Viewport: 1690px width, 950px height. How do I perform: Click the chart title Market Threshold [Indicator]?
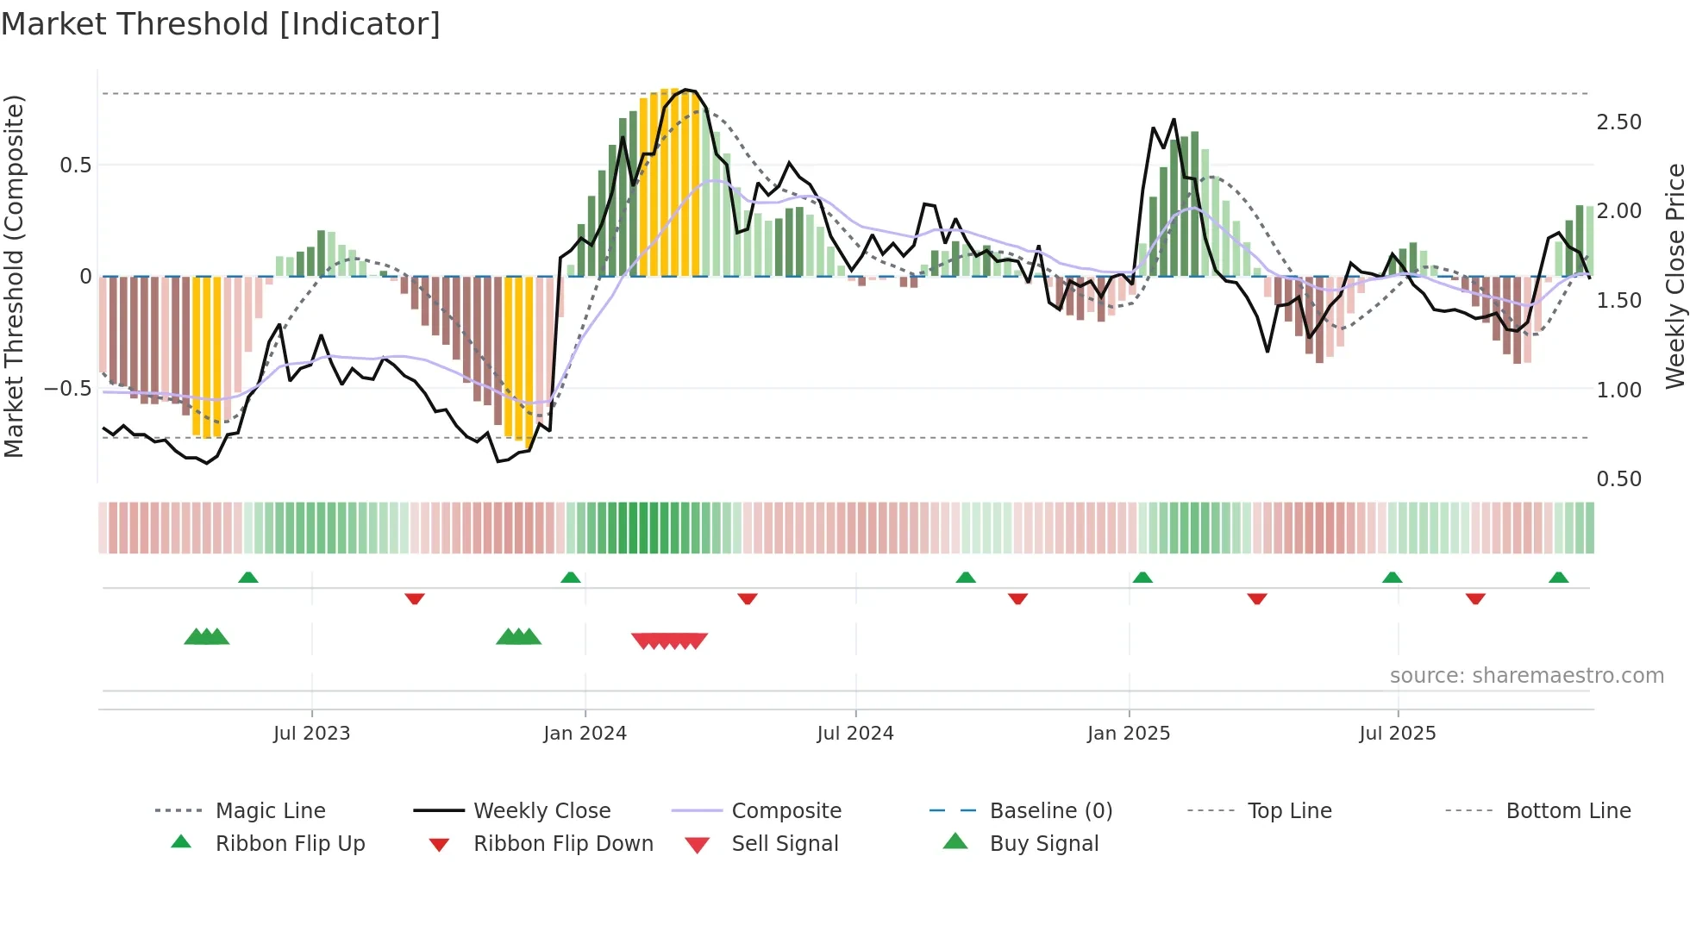point(221,24)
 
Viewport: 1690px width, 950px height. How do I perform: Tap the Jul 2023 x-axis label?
point(311,734)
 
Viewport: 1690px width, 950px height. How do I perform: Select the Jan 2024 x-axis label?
point(585,734)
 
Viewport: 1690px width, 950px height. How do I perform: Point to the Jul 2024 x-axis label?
point(854,734)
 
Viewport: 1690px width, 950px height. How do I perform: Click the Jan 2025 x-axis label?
point(1128,734)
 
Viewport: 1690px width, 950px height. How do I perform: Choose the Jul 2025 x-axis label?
point(1397,734)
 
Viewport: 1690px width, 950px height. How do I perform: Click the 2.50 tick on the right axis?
point(1618,122)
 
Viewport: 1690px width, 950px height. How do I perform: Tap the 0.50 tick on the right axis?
point(1618,479)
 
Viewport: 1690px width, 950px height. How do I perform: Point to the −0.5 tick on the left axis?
point(67,389)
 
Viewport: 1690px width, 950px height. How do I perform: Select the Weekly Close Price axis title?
point(1674,276)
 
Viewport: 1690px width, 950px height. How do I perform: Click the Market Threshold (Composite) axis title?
point(14,276)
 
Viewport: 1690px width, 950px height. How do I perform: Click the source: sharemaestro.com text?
point(1526,676)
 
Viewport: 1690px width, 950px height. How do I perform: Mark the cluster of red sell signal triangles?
point(669,641)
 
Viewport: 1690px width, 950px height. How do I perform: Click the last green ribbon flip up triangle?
point(1558,578)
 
